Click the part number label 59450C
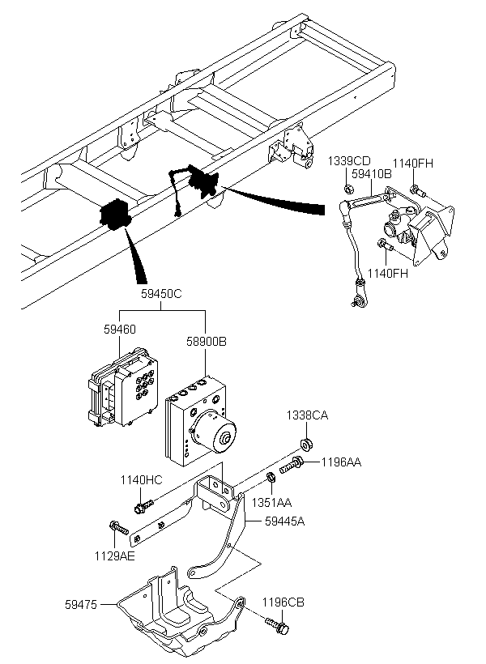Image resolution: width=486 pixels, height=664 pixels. (x=161, y=294)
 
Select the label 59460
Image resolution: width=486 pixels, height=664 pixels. (x=120, y=329)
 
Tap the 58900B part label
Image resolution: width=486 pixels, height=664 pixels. (x=207, y=342)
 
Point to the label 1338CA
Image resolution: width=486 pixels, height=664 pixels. (x=307, y=415)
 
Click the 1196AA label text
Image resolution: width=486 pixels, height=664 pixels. (x=342, y=462)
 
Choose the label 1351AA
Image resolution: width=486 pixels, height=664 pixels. (x=271, y=503)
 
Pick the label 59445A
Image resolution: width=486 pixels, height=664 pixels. (x=285, y=521)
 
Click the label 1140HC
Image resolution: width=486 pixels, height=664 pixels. (x=141, y=480)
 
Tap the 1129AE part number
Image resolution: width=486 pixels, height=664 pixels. (x=115, y=556)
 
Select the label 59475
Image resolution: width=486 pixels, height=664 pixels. (x=81, y=605)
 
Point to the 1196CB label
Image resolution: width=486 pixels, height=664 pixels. (x=283, y=602)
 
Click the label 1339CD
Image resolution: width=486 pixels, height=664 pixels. (x=349, y=161)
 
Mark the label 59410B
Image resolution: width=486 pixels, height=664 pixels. (x=372, y=174)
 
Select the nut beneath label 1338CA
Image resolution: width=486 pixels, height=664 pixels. (x=306, y=445)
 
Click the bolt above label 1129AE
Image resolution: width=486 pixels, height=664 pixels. (x=118, y=528)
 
